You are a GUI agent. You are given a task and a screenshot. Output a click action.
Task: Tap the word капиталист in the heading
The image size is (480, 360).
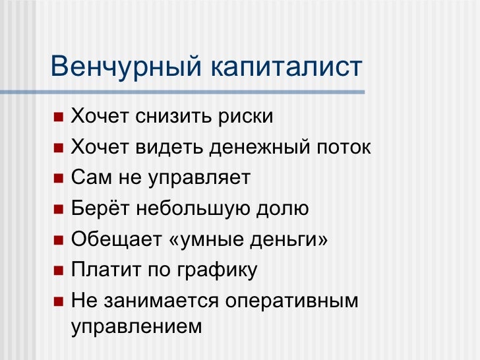(287, 67)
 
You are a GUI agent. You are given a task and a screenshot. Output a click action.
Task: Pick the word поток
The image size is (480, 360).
(344, 148)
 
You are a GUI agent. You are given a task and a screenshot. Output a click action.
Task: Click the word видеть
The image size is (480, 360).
(169, 148)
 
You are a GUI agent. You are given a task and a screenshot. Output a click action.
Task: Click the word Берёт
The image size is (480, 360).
(100, 209)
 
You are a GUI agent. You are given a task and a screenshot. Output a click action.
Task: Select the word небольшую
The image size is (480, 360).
(193, 209)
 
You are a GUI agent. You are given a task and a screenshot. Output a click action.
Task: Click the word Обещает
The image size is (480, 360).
(116, 239)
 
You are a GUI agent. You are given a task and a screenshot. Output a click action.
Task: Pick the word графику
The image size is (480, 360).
(218, 271)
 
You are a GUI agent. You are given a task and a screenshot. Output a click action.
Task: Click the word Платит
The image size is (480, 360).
(106, 270)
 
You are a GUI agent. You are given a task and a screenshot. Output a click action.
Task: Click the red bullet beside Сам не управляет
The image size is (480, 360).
(59, 178)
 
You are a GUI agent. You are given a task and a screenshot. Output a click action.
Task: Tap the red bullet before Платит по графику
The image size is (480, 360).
(59, 270)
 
